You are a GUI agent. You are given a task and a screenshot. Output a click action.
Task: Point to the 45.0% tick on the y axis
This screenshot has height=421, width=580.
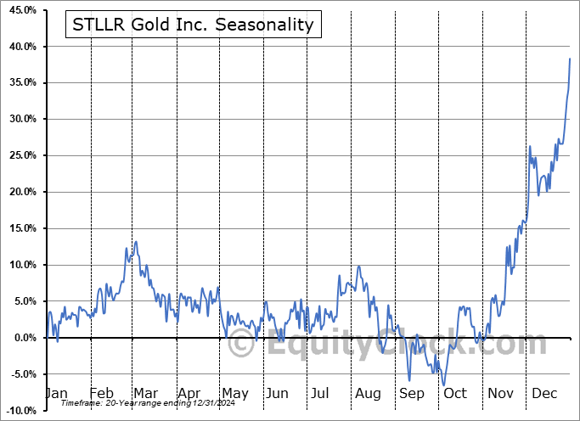tap(19, 10)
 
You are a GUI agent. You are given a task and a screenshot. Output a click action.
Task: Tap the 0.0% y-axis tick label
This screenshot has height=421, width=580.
tap(21, 338)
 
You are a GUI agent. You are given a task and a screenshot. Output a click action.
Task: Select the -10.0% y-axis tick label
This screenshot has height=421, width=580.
tap(19, 411)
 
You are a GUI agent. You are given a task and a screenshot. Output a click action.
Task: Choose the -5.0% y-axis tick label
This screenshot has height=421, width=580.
tap(20, 374)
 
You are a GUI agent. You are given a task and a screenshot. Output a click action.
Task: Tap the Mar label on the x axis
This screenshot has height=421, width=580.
tap(145, 394)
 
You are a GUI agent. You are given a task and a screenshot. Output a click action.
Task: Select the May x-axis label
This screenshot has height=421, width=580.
tap(234, 394)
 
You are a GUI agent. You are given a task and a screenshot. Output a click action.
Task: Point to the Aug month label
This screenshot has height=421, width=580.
tap(368, 394)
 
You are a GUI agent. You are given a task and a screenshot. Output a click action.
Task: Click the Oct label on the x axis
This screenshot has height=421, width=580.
tap(456, 394)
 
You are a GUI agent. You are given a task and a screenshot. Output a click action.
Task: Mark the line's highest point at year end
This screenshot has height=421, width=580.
tap(570, 58)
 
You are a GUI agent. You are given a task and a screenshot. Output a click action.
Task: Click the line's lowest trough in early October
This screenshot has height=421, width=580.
tap(444, 385)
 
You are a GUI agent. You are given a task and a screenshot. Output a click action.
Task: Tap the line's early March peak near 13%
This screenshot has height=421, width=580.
tap(136, 242)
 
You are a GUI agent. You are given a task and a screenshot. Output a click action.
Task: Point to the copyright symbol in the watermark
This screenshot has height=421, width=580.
tap(242, 345)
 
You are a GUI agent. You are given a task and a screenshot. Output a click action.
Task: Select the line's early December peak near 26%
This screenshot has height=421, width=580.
tap(530, 147)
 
